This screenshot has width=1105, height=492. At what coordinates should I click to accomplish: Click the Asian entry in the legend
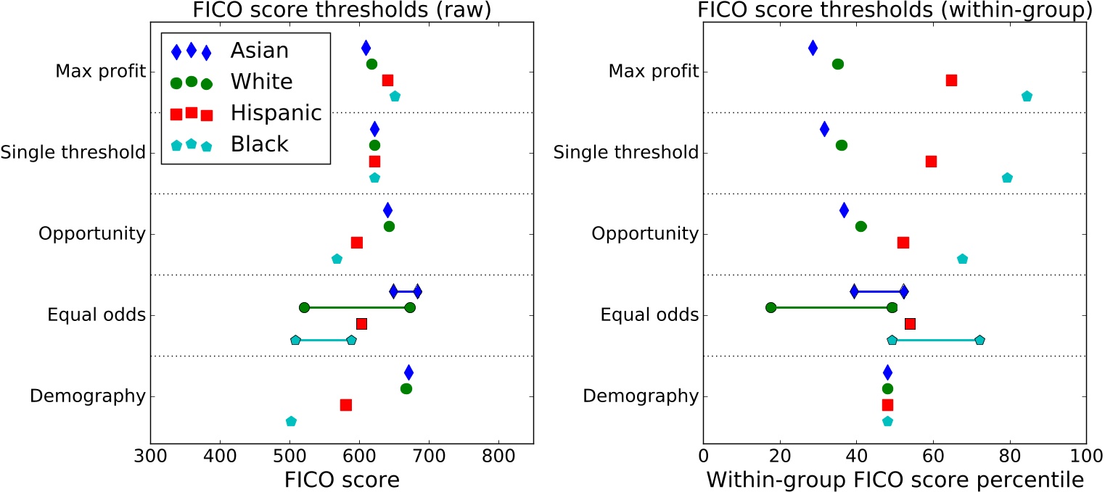coord(259,51)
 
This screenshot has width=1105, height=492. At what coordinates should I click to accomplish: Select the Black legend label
coord(259,144)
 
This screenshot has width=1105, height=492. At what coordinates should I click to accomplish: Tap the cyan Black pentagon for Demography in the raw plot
coord(291,421)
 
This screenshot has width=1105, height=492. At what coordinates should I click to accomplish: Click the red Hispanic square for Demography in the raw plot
coord(346,404)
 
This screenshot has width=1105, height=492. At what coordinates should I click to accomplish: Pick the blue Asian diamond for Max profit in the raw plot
coord(366,48)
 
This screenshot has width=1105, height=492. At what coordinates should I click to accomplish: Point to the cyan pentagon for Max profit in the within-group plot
coord(1027,96)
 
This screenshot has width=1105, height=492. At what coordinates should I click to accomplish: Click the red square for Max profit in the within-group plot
coord(951,80)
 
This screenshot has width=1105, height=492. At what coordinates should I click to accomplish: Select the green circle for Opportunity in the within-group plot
coord(860,226)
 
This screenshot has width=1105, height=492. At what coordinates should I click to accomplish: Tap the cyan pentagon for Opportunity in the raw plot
coord(337,259)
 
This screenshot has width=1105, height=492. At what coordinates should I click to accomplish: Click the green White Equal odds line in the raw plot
coord(357,307)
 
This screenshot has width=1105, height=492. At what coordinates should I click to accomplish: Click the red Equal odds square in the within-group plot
coord(910,323)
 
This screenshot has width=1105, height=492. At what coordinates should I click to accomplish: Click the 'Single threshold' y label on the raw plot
coord(73,153)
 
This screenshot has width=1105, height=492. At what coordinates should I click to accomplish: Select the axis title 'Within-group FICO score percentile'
coord(895,480)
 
